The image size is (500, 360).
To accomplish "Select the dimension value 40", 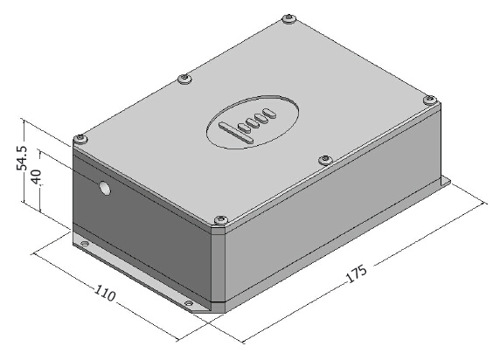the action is (x=35, y=177).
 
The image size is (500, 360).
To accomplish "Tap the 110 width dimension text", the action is (x=105, y=293).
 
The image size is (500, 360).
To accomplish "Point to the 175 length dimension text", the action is (x=357, y=273).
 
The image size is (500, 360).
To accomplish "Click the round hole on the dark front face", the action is (x=104, y=188).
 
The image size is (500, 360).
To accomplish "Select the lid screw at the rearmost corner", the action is (x=289, y=18).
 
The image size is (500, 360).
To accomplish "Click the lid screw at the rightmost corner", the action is (x=430, y=100).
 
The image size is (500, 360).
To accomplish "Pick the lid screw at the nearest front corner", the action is (x=220, y=220).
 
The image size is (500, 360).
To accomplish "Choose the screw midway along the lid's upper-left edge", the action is (x=184, y=79).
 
